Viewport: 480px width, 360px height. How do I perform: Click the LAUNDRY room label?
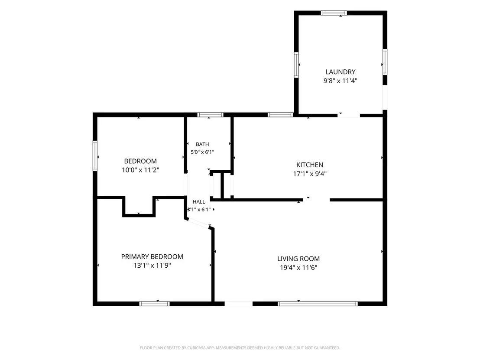point(341,72)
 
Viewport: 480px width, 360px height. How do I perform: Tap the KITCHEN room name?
point(309,165)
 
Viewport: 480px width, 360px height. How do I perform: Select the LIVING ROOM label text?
point(298,259)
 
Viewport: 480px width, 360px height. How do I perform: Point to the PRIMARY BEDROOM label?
point(152,257)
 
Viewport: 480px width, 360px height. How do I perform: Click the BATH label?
point(202,144)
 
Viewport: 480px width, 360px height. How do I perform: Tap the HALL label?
point(199,202)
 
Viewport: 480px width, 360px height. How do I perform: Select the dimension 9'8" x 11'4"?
point(341,81)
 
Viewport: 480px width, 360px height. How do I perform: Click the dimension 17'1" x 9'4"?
point(310,174)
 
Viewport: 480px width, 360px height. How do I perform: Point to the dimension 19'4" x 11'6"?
point(298,268)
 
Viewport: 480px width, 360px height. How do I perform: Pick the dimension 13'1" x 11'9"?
point(152,266)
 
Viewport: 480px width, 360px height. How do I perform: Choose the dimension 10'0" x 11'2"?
point(140,170)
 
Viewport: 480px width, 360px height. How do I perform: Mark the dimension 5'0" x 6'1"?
point(202,152)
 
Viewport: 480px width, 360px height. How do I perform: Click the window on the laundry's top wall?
point(334,13)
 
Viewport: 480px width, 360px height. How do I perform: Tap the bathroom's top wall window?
point(210,115)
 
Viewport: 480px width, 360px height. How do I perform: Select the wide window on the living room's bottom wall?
point(318,304)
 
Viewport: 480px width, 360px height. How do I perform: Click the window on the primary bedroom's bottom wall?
point(154,304)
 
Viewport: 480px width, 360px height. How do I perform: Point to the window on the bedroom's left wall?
point(95,156)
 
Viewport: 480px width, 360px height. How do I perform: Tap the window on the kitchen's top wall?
point(280,115)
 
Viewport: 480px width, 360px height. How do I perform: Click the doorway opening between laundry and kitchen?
point(349,115)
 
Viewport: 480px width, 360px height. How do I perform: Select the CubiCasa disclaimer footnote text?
point(240,348)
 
